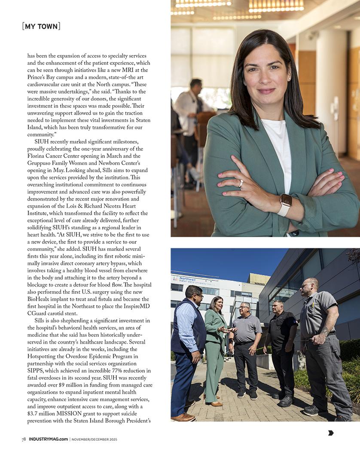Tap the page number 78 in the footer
click(24, 439)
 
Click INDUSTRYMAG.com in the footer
click(48, 439)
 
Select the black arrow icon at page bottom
click(331, 433)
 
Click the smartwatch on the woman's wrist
click(285, 201)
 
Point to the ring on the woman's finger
click(241, 183)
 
